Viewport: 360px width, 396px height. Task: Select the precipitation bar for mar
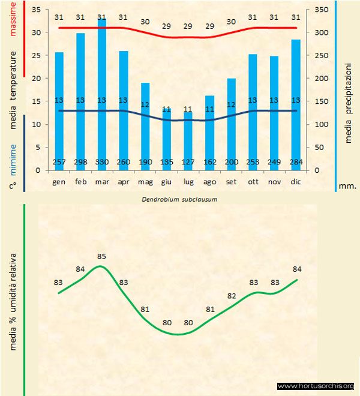(x=102, y=90)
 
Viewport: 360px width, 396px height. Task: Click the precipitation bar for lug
(x=188, y=138)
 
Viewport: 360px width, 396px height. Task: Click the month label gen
(x=59, y=181)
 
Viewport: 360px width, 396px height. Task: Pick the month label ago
(x=210, y=181)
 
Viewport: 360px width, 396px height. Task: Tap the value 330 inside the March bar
(x=102, y=163)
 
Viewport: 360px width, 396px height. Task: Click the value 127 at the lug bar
(x=188, y=163)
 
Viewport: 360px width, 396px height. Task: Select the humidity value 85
(x=101, y=257)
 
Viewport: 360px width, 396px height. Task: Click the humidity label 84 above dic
(x=296, y=268)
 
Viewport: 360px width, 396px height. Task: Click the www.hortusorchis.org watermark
(x=316, y=386)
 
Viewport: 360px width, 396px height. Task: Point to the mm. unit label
(x=348, y=186)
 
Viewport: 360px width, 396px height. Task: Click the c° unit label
(x=13, y=186)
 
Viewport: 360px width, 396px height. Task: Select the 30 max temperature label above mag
(x=145, y=22)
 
